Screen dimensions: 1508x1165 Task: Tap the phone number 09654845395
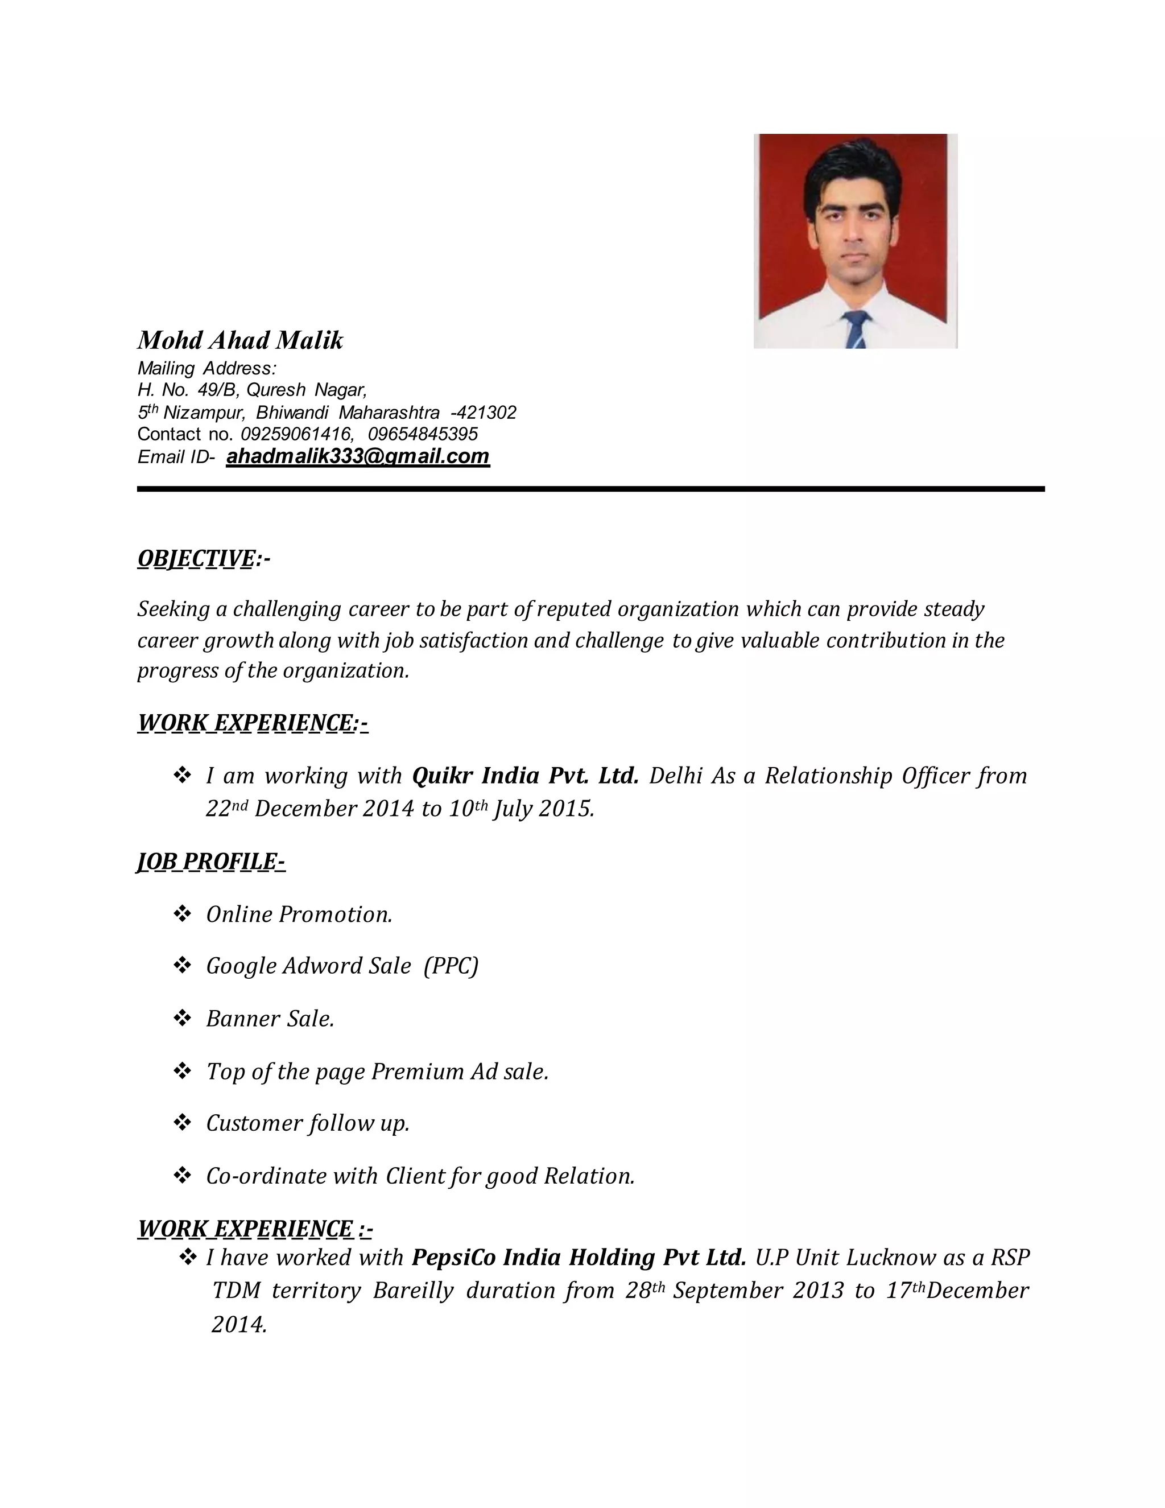pos(423,434)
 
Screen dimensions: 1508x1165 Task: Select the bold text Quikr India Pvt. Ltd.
pos(525,776)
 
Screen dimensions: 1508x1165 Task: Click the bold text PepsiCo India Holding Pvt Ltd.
pos(579,1258)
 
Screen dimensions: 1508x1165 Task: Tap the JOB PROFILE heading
pos(211,862)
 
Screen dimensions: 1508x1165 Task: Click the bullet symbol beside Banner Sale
pos(182,1019)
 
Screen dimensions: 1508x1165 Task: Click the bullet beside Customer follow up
pos(182,1123)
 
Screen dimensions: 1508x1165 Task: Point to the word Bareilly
pos(413,1291)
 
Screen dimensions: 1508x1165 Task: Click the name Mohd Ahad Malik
pos(239,340)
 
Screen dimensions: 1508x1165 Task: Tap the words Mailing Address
pos(206,369)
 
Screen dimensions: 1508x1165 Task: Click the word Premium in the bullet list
pos(418,1072)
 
